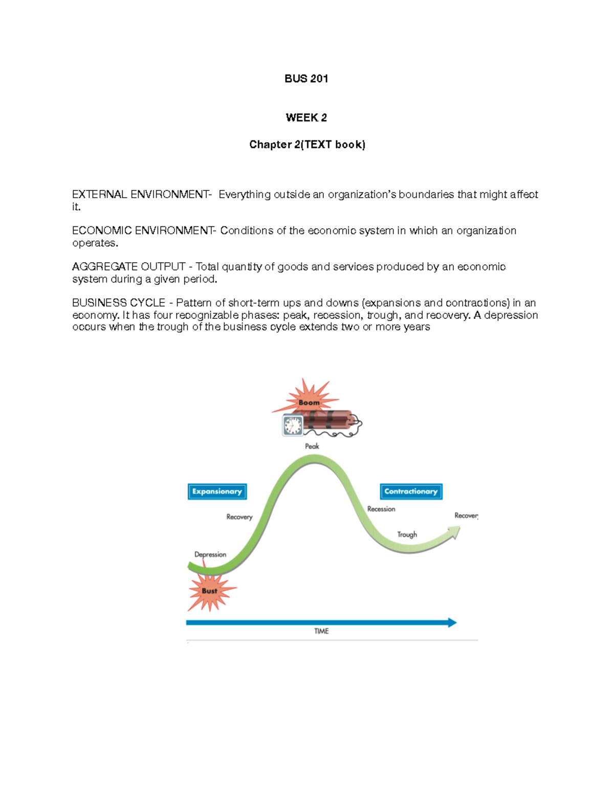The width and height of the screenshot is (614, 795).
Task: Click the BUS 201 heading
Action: [306, 78]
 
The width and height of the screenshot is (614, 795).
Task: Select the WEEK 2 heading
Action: [306, 118]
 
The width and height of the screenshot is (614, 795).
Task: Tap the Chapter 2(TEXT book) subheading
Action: [307, 144]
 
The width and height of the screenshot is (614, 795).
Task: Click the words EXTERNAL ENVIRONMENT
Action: [141, 195]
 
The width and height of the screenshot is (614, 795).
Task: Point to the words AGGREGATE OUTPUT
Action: [128, 267]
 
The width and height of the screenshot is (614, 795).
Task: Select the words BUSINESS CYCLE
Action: [119, 303]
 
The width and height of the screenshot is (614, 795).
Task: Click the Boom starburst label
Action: [309, 402]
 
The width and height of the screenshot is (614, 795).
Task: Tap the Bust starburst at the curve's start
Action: [209, 591]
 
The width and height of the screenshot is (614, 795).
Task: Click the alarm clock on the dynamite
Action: [293, 425]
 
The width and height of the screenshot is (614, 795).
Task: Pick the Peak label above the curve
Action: [312, 446]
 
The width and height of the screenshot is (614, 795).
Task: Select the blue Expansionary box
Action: [217, 491]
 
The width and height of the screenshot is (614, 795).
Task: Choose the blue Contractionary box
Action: [411, 491]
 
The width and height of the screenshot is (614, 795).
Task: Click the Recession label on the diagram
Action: [381, 509]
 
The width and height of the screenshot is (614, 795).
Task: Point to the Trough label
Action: [407, 534]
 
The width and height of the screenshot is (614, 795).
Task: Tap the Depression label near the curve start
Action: [210, 554]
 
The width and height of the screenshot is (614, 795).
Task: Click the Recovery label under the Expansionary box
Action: [239, 517]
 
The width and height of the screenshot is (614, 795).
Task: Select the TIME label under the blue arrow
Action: [321, 631]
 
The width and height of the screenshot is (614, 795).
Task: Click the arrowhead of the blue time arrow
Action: [452, 622]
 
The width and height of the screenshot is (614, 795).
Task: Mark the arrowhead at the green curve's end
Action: [454, 532]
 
